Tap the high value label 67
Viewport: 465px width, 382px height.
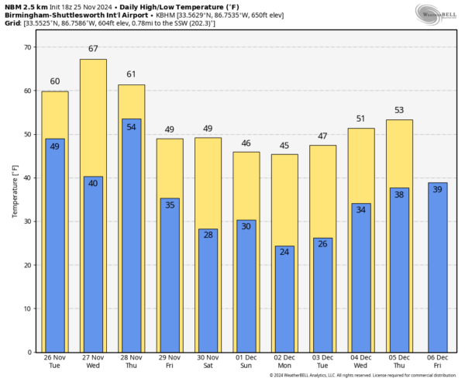tap(93, 49)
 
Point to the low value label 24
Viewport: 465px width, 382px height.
tap(284, 251)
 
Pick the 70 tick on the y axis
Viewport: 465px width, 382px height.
tap(28, 47)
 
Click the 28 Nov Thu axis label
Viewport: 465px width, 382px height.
tap(132, 363)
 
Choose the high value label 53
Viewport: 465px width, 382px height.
tap(399, 110)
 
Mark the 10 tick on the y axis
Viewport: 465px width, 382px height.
tap(28, 308)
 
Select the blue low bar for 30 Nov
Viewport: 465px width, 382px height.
tap(208, 291)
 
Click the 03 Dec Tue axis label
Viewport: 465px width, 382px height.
tap(322, 363)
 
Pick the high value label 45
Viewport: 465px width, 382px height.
tap(284, 145)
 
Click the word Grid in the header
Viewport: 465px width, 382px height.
tap(13, 23)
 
